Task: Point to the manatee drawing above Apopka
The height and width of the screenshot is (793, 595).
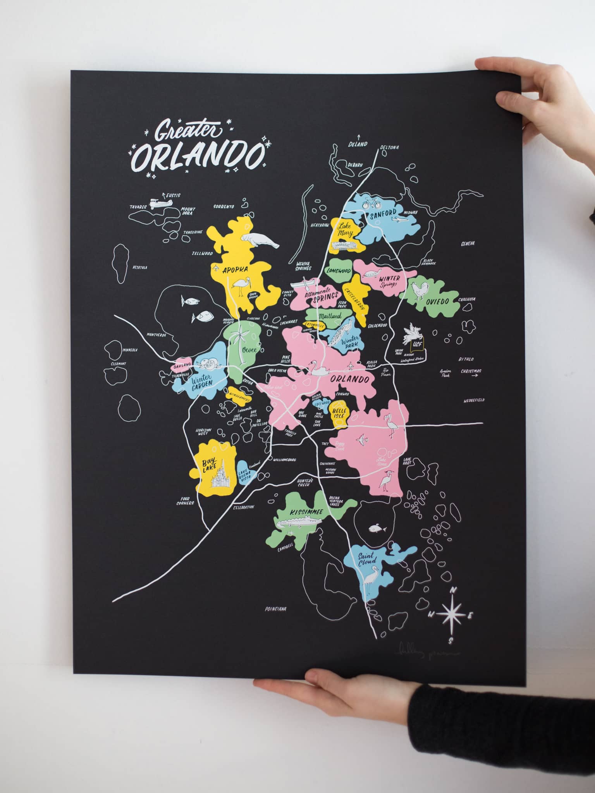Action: [260, 239]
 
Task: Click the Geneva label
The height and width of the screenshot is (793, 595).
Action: [468, 244]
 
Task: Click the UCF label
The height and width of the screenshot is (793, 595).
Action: [416, 344]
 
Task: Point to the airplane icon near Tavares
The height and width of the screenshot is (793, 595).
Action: [158, 204]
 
